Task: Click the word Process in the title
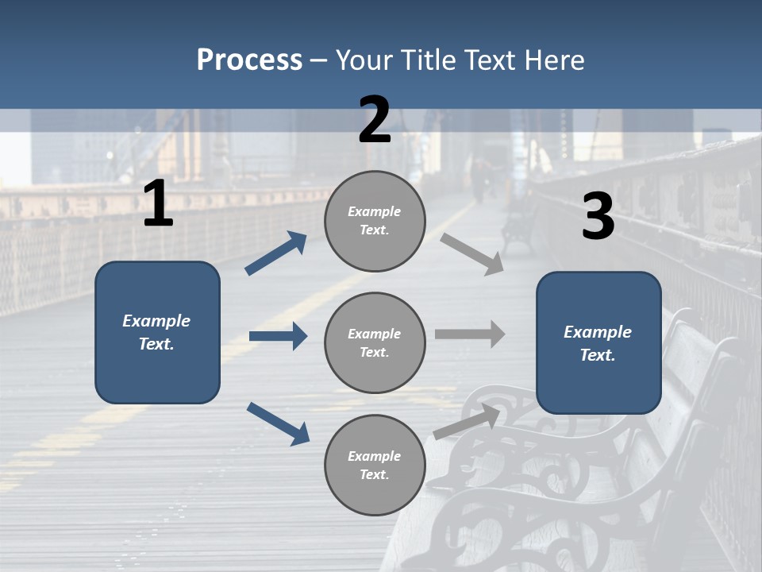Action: coord(249,60)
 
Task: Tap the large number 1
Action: coord(158,204)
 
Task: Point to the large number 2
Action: coord(375,120)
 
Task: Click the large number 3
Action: coord(598,217)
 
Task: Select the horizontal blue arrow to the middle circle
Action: coord(279,336)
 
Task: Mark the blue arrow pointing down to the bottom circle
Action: coord(279,423)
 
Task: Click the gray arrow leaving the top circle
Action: coord(472,254)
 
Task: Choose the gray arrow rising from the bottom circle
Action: coord(467,422)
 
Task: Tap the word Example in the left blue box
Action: coord(156,321)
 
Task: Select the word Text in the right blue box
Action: coord(597,355)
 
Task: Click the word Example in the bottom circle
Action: coord(374,456)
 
